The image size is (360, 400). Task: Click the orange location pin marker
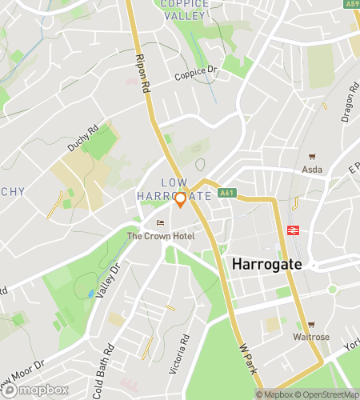click(180, 199)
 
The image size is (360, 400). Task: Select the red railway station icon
click(294, 230)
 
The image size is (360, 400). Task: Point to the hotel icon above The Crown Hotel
click(159, 223)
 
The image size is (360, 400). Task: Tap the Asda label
click(311, 169)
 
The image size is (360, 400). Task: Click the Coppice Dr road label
click(196, 74)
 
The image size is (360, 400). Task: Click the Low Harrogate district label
click(174, 190)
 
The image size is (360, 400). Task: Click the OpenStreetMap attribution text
click(325, 394)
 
